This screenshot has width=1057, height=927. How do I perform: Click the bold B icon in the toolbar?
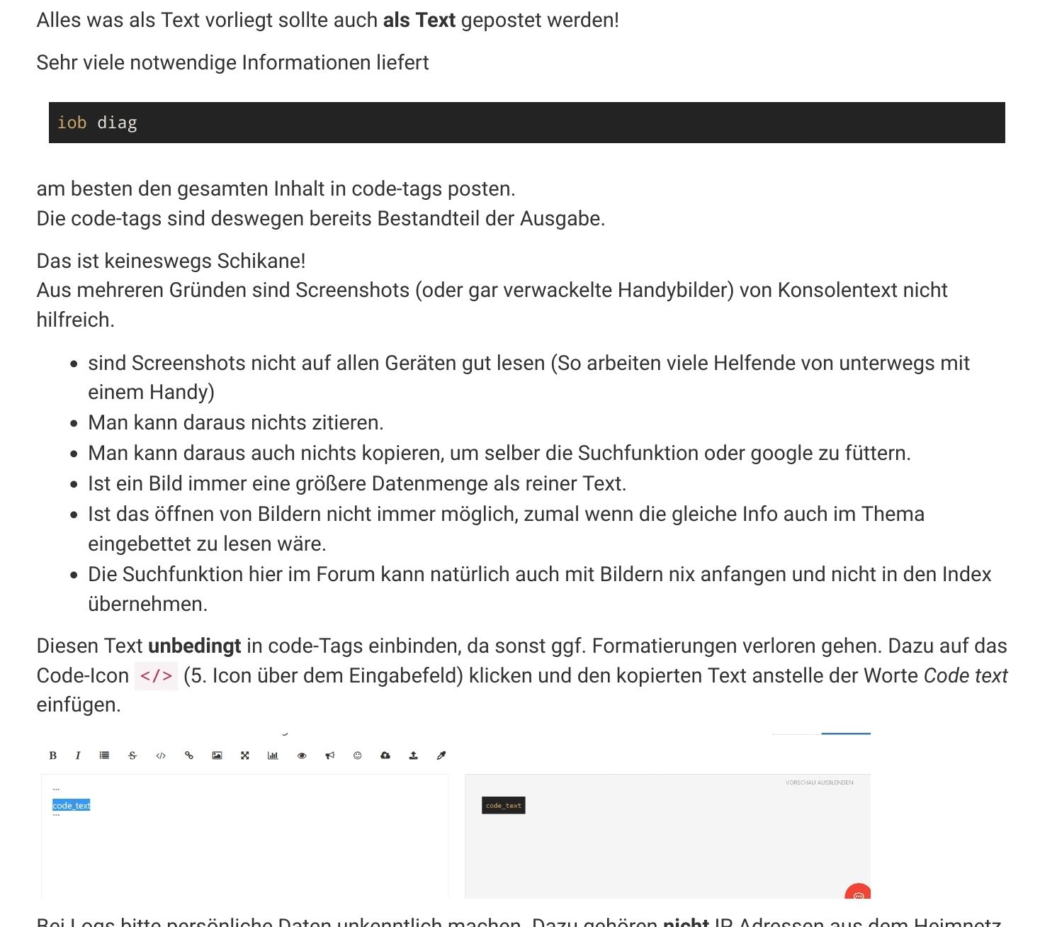click(52, 755)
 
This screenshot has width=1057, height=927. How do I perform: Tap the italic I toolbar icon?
click(78, 755)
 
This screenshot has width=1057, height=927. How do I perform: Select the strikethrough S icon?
click(132, 755)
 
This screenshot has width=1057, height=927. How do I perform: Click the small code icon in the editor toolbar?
click(161, 755)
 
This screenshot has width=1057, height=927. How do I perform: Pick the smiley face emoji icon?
click(358, 755)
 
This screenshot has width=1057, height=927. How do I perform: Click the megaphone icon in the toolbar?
click(329, 755)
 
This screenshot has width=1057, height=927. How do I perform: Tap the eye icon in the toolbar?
click(302, 755)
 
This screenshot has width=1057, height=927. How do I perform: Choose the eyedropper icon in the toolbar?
click(441, 755)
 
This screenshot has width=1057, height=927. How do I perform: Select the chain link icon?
click(189, 755)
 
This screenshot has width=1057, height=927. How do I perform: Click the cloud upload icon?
click(385, 755)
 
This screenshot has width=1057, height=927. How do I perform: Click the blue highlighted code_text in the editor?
click(72, 805)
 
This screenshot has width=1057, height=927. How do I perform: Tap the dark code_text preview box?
click(504, 806)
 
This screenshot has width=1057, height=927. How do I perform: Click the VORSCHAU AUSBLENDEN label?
click(819, 782)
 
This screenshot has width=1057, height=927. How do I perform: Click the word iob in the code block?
click(72, 123)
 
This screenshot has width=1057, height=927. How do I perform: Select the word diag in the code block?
click(117, 123)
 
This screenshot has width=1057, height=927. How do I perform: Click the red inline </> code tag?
click(156, 675)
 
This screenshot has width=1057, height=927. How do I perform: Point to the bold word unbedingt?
click(194, 646)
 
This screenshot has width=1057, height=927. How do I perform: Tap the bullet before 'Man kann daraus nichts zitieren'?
click(74, 423)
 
